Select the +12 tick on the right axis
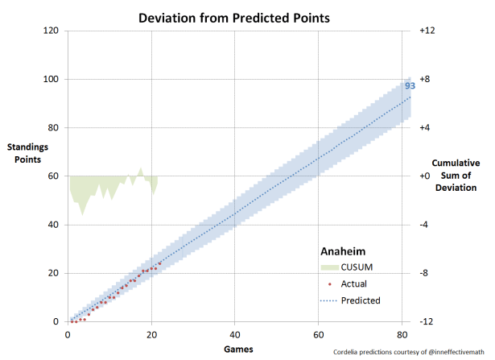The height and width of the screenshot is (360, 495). point(427,31)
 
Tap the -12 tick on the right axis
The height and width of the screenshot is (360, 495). point(427,321)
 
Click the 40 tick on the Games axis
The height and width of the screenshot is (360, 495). point(234,333)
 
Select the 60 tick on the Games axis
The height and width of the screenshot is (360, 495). point(318,333)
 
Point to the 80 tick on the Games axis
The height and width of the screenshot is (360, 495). point(402,333)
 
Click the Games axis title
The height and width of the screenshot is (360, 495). point(238,348)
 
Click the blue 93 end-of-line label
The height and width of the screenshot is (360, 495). point(410,85)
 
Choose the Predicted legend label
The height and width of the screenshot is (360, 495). point(361,300)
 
